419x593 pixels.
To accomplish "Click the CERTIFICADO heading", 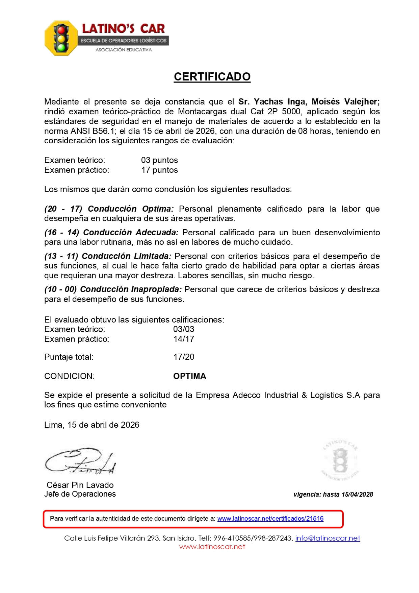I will point(212,77).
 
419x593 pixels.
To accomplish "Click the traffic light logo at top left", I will point(61,38).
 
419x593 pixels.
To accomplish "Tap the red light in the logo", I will point(61,30).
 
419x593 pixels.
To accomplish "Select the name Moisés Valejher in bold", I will point(345,102).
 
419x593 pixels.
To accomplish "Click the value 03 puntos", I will point(159,160).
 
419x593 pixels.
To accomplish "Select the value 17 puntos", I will point(159,170).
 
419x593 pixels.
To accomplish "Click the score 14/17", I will point(184,339).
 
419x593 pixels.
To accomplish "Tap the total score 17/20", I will point(184,357).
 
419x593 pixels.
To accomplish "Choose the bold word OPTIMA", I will point(189,376).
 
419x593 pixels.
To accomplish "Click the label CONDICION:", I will point(70,376).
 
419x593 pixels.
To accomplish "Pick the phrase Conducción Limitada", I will point(127,256).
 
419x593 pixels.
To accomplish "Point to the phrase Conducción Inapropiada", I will point(131,289).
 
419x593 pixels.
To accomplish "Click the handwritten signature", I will point(80,461).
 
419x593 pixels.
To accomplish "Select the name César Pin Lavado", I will point(80,485).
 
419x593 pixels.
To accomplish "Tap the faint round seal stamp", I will point(340,460).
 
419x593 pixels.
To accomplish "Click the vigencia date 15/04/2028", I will point(357,494).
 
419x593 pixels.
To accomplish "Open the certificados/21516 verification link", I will point(270,519).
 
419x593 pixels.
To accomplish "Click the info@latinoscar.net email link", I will point(328,538).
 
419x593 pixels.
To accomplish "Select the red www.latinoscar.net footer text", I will point(212,547).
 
